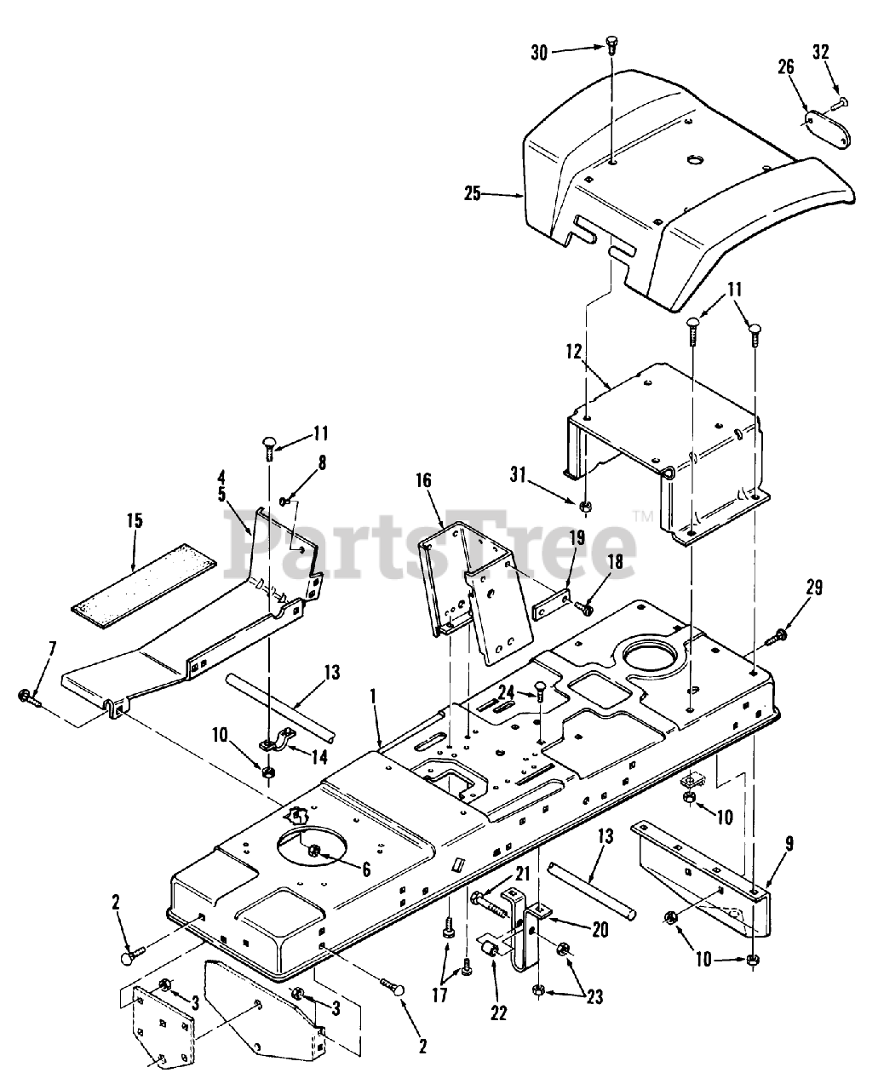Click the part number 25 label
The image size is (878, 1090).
(472, 194)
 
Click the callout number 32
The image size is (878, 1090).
(821, 52)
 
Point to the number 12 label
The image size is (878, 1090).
(574, 352)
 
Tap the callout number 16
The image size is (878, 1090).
(423, 480)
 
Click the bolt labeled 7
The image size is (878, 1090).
(30, 697)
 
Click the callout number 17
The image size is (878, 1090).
(439, 1009)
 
